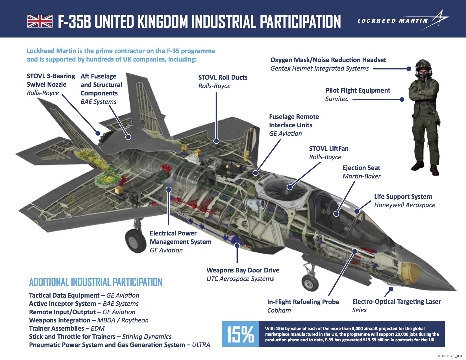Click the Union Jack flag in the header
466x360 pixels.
tap(40, 21)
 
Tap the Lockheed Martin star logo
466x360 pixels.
tap(439, 19)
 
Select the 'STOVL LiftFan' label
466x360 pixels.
tap(328, 149)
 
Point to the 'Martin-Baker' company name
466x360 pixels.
tap(362, 176)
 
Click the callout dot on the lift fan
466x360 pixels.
tap(289, 187)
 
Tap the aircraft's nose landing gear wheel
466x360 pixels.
tap(310, 282)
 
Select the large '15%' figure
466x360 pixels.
tap(240, 334)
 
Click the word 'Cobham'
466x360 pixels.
tap(279, 310)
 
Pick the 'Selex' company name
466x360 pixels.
tap(359, 310)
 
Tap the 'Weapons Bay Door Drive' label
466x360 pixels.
tap(243, 270)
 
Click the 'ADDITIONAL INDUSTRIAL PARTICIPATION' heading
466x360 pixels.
tap(96, 282)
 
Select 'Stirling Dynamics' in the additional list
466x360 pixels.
tap(147, 337)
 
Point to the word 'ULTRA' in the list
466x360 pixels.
tap(201, 345)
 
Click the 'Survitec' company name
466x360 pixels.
tap(337, 99)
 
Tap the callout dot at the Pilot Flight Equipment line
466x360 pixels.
tap(402, 99)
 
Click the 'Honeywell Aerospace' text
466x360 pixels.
tap(404, 205)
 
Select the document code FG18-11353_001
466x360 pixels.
tap(450, 356)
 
